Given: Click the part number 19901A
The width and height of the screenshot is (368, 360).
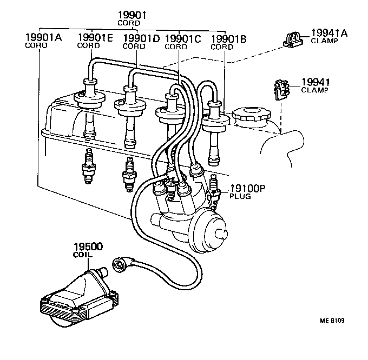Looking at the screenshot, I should point(43,37).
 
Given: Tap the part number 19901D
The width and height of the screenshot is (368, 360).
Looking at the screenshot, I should point(141,37).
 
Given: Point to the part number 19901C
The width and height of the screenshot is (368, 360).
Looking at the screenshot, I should point(182,38).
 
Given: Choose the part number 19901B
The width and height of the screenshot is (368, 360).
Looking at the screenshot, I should point(228,38).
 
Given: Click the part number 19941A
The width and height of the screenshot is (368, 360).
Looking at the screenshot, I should point(328,33).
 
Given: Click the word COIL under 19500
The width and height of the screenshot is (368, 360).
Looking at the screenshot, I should point(83,254).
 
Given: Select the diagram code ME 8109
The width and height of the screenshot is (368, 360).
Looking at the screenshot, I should point(332,320).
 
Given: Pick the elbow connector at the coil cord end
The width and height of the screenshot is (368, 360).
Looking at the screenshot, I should point(120,265).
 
